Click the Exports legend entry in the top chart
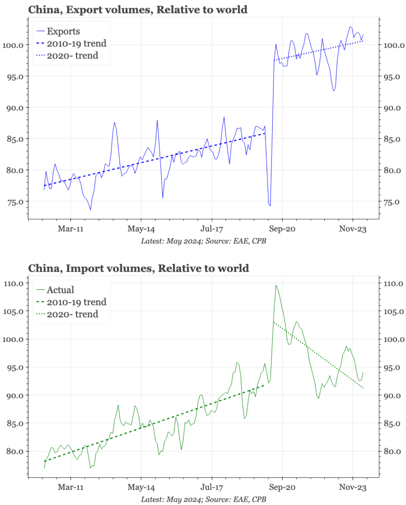63,31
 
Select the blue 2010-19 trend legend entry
76,43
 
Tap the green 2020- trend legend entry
72,314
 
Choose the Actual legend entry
60,290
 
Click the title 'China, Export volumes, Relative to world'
138,10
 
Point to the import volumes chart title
139,268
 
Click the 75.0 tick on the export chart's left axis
15,202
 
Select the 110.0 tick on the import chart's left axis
13,283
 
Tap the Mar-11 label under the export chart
71,229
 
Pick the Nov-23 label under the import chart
353,487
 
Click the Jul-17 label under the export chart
212,229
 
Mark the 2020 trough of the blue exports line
270,206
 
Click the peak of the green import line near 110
276,285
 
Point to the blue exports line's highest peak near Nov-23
350,26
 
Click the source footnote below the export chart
203,241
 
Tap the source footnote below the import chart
203,499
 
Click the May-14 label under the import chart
141,487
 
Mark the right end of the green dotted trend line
363,388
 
